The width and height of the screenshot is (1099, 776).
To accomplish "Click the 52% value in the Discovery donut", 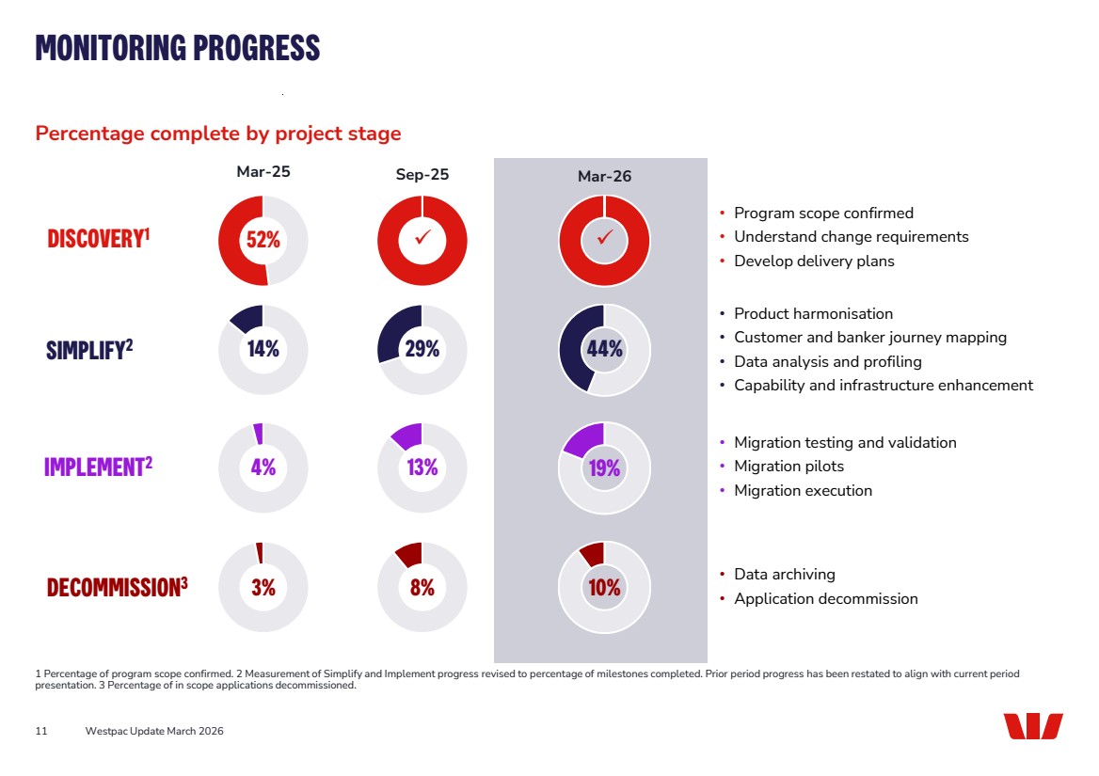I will tap(263, 240).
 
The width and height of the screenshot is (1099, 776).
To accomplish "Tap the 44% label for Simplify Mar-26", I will tap(604, 348).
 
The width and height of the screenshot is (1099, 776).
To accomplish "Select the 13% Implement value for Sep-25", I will tap(422, 467).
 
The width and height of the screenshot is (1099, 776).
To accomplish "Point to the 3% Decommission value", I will tap(263, 587).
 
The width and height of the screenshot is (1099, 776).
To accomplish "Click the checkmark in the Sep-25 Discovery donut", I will tap(422, 240).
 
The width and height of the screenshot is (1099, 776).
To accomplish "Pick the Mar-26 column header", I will tap(604, 177).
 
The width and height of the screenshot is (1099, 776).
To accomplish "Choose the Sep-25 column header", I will tap(422, 175).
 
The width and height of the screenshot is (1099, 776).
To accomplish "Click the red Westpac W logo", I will tap(1032, 726).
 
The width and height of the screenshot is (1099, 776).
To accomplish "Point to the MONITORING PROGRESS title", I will tap(178, 47).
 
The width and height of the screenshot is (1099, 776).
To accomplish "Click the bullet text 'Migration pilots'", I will tap(788, 467).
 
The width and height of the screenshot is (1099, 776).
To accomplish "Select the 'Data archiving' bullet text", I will tap(784, 574).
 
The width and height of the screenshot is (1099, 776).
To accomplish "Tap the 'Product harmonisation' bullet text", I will tap(813, 313).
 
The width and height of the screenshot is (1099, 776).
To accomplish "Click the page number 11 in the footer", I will tap(41, 731).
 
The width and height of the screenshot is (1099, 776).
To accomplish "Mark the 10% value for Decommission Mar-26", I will tap(604, 587).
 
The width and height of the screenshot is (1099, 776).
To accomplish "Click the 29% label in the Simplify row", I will tap(422, 348).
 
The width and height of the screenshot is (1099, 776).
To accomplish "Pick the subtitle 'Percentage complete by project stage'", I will tap(218, 134).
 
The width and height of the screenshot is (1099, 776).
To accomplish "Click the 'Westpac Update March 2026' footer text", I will tap(154, 731).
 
